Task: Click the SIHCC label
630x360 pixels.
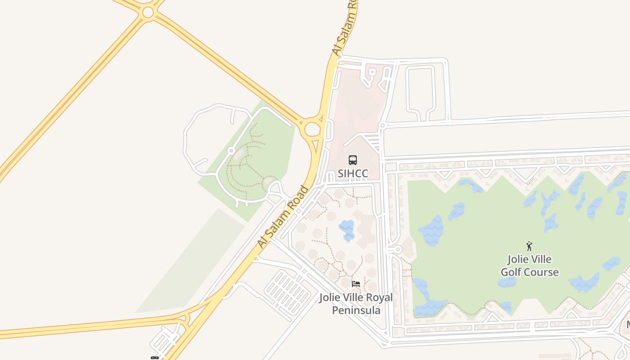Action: (x=353, y=173)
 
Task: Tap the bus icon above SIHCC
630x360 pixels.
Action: (x=353, y=160)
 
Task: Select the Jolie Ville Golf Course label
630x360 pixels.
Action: (x=530, y=265)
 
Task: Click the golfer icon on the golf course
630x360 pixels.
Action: (x=529, y=246)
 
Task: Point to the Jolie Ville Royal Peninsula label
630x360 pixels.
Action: (x=356, y=304)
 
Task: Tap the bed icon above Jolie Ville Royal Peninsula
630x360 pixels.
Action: (x=356, y=284)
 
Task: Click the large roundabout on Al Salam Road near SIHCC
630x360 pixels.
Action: (x=312, y=130)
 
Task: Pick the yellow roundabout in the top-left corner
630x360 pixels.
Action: (x=148, y=12)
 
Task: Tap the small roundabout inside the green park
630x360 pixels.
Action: (x=231, y=151)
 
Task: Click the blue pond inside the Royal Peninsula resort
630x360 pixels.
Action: (x=347, y=230)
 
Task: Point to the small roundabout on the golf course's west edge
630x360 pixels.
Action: (x=397, y=249)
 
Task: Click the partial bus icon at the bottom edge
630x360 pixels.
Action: (x=154, y=358)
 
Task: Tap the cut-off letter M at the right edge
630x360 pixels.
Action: (x=627, y=324)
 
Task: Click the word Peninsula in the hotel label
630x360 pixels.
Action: (x=356, y=310)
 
